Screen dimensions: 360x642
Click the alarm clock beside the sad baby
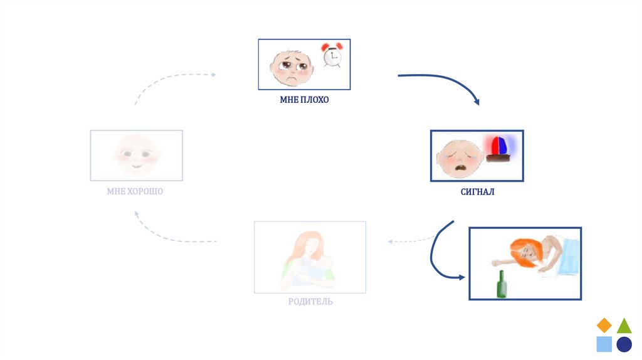[x=331, y=56]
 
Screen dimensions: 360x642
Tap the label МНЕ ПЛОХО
[x=304, y=100]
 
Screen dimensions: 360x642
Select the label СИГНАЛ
[x=477, y=192]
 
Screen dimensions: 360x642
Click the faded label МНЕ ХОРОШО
[x=135, y=191]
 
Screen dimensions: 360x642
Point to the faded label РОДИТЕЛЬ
[x=310, y=302]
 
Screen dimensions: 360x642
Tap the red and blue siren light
[x=499, y=148]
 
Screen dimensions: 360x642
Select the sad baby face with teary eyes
[x=291, y=65]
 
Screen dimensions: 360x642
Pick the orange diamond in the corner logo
[x=604, y=325]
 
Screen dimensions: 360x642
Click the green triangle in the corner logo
[x=624, y=326]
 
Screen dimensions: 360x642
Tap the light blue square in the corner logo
[x=604, y=344]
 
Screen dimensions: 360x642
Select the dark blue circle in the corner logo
[x=624, y=344]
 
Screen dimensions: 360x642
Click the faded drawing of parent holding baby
[x=310, y=257]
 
